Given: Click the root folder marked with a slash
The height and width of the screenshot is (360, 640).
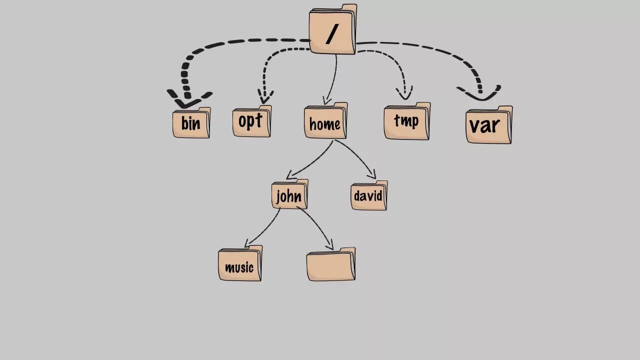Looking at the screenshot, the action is (332, 30).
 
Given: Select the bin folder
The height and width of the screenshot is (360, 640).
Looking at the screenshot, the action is (191, 123).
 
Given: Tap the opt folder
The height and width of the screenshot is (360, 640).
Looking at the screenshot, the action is (251, 121).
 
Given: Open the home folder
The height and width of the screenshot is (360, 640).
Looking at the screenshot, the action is (325, 122).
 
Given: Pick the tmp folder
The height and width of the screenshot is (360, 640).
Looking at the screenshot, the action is (406, 121).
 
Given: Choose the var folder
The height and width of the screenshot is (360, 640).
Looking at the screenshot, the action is (488, 125).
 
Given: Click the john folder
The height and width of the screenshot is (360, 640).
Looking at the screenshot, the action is (289, 195).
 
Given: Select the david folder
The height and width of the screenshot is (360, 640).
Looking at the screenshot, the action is (368, 196).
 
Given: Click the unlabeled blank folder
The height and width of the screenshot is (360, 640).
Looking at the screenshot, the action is (330, 265).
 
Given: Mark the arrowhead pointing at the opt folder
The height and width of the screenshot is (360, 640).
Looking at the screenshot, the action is (265, 96).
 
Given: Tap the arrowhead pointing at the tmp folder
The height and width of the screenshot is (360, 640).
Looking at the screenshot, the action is (404, 93).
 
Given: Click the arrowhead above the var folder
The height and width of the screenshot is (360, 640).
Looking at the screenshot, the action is (479, 93).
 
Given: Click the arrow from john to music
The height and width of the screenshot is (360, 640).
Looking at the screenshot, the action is (264, 229).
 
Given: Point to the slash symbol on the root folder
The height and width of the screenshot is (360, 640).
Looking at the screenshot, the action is (331, 33).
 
